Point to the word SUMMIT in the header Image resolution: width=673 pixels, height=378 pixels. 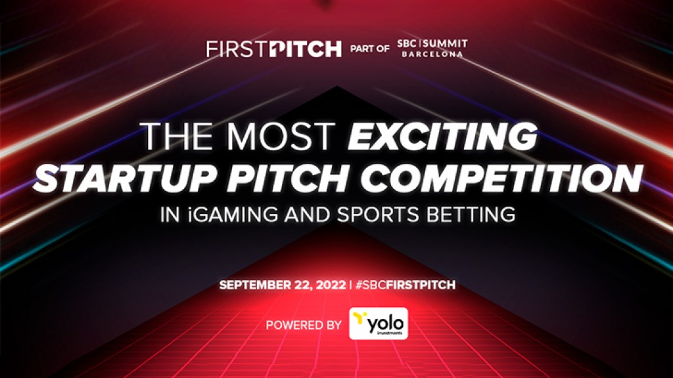(x=448, y=44)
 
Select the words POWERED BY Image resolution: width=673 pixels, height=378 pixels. (x=304, y=324)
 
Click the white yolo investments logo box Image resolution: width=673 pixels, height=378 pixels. (x=378, y=324)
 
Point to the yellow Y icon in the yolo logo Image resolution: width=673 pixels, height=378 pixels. (x=360, y=319)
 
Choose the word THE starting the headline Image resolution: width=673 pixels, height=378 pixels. (x=173, y=136)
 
